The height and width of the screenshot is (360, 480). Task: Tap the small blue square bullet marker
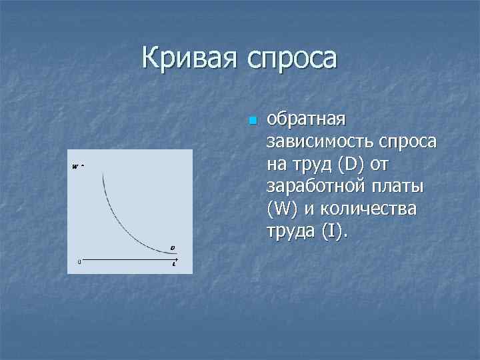pyautogui.click(x=251, y=121)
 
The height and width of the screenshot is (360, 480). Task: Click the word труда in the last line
pyautogui.click(x=291, y=231)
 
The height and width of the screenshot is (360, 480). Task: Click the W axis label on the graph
pyautogui.click(x=75, y=166)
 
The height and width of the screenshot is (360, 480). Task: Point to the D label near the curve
pyautogui.click(x=172, y=248)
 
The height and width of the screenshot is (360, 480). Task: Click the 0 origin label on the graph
pyautogui.click(x=79, y=261)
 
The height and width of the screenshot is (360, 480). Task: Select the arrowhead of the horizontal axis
pyautogui.click(x=177, y=259)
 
